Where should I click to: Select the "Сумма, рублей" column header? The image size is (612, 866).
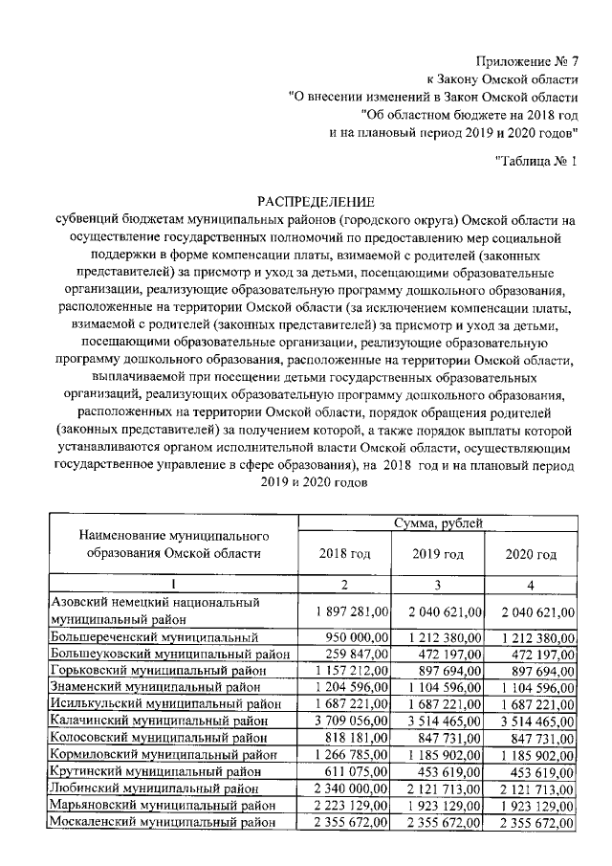(439, 522)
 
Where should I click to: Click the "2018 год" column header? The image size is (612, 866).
(345, 554)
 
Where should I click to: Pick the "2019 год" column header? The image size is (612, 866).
(439, 554)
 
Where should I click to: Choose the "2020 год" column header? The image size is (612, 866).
(532, 554)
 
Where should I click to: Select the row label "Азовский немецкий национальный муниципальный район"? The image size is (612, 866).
(154, 611)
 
